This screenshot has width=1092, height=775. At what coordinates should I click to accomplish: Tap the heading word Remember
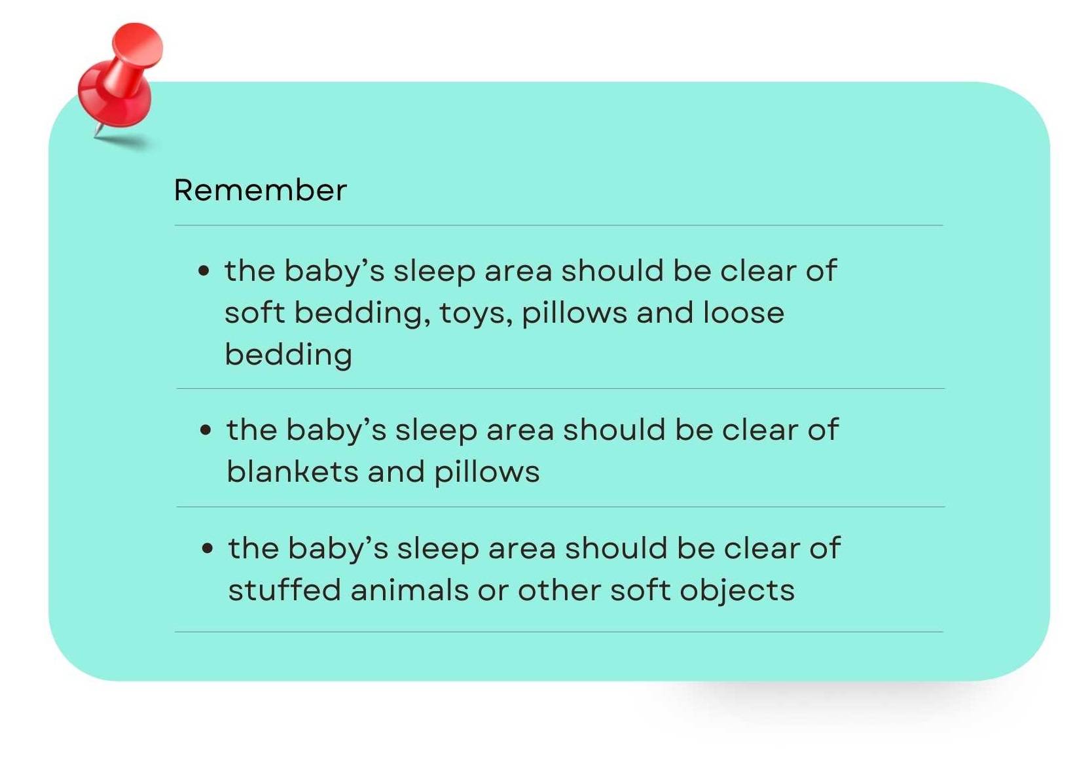click(x=260, y=190)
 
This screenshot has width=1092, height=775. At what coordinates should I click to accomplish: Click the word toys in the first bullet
click(x=474, y=313)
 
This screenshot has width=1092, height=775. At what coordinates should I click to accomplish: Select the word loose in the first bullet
click(x=743, y=313)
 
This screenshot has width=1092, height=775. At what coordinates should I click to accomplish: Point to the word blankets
click(x=293, y=472)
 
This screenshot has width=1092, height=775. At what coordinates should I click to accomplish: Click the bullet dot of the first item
click(x=204, y=270)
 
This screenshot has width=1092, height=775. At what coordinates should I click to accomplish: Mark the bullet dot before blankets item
click(x=206, y=430)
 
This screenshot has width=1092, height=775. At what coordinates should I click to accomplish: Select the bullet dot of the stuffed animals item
click(x=208, y=549)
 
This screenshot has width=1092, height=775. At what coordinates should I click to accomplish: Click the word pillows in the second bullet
click(x=486, y=472)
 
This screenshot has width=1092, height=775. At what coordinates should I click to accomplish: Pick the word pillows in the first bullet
click(x=574, y=314)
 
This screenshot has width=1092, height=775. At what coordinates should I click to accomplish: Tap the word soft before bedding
click(x=255, y=313)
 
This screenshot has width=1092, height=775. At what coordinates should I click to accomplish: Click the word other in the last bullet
click(x=559, y=590)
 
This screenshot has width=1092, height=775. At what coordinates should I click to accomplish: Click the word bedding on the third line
click(x=288, y=355)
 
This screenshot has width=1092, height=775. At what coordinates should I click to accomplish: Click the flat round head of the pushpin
click(x=138, y=43)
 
